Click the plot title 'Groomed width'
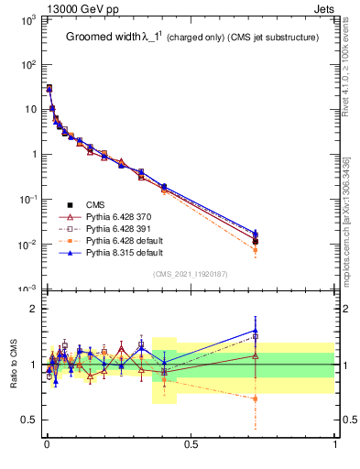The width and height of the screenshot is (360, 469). coord(103,38)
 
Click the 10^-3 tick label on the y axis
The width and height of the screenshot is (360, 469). coord(25,289)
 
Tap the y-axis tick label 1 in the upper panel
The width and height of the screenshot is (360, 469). coord(32,154)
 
